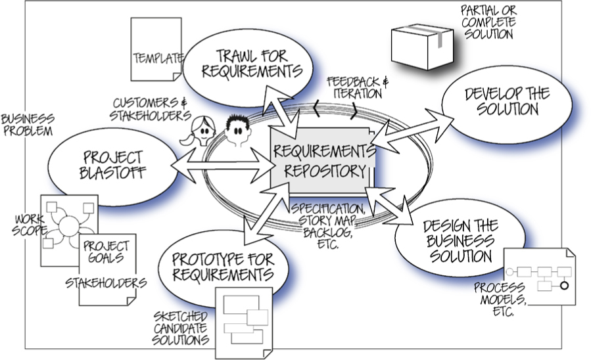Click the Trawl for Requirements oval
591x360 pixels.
click(x=243, y=63)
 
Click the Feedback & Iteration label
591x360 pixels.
click(x=354, y=87)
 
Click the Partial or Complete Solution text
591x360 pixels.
click(x=488, y=22)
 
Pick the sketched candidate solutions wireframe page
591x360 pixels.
click(x=243, y=318)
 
